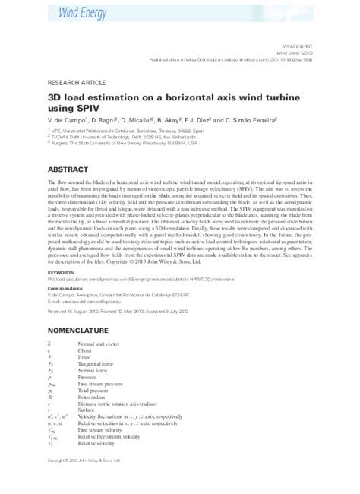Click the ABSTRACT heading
pos(69,169)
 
